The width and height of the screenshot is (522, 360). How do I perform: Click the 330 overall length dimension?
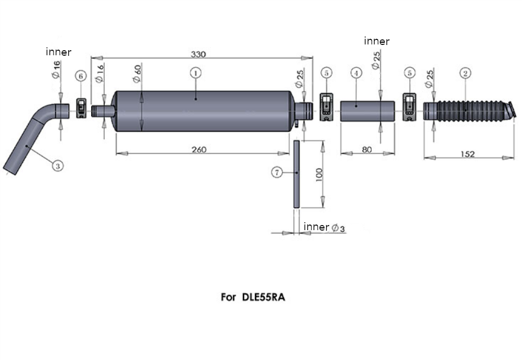click(x=198, y=54)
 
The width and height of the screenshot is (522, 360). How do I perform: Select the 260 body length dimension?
click(x=199, y=150)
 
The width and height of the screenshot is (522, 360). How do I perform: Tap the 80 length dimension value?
click(x=367, y=150)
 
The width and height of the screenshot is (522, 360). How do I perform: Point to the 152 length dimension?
click(x=468, y=154)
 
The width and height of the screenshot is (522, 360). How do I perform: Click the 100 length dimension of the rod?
click(x=319, y=174)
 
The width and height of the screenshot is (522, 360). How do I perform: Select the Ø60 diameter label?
click(x=137, y=73)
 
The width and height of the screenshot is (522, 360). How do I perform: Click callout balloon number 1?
click(x=196, y=72)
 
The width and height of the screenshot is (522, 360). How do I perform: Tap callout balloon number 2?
click(x=466, y=73)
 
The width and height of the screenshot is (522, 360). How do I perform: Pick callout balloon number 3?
click(x=58, y=166)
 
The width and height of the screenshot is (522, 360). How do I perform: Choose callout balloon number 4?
click(x=356, y=73)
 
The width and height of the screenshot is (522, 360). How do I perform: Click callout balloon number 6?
click(x=81, y=76)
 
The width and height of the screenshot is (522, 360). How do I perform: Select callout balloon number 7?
click(x=277, y=172)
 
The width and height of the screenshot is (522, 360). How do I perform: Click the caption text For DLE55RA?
click(x=253, y=297)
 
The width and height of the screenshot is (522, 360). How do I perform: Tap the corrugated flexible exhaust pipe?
click(x=470, y=111)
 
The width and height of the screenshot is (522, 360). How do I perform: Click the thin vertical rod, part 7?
click(x=297, y=174)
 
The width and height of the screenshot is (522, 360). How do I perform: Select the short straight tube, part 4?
click(x=368, y=111)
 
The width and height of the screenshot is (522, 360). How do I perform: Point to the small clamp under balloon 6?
click(x=81, y=108)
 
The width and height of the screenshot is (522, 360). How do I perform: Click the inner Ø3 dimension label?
click(x=324, y=227)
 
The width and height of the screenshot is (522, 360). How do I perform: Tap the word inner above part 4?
click(x=376, y=41)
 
